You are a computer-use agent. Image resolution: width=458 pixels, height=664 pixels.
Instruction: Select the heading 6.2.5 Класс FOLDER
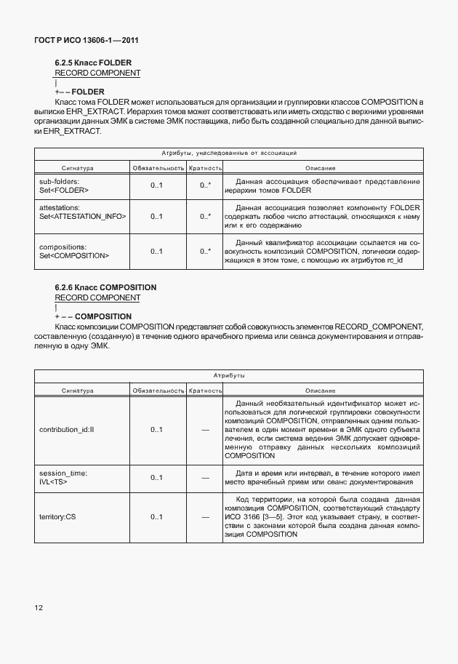tap(93, 63)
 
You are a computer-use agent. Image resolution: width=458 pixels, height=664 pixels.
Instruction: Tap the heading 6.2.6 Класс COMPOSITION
tap(105, 287)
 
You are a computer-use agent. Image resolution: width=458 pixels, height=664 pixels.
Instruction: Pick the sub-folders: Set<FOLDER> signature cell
tap(64, 185)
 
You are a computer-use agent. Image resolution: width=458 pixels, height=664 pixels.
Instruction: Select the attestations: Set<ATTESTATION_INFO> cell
tap(82, 216)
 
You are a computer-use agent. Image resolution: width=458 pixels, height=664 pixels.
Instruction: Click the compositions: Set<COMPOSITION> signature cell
tap(73, 251)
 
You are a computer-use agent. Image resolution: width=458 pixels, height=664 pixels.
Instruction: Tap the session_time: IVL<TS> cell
tap(63, 477)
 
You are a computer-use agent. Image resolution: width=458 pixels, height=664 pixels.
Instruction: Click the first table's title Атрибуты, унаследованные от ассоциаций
tap(229, 153)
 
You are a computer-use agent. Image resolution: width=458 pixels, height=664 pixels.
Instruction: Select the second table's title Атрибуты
tap(229, 376)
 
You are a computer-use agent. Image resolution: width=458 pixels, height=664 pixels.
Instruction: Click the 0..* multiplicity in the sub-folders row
tap(205, 185)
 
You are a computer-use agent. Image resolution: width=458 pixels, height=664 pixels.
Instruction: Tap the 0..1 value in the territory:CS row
tap(156, 518)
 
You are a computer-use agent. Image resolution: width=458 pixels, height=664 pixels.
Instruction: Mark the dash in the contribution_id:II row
tap(205, 430)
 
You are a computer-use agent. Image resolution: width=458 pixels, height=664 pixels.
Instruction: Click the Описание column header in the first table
tap(320, 168)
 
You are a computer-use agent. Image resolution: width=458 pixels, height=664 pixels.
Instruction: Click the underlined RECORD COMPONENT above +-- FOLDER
tap(97, 73)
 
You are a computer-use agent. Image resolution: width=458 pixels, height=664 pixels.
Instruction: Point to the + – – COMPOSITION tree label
tap(93, 316)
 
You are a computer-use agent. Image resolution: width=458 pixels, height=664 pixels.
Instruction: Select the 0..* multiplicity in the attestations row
tap(205, 216)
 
